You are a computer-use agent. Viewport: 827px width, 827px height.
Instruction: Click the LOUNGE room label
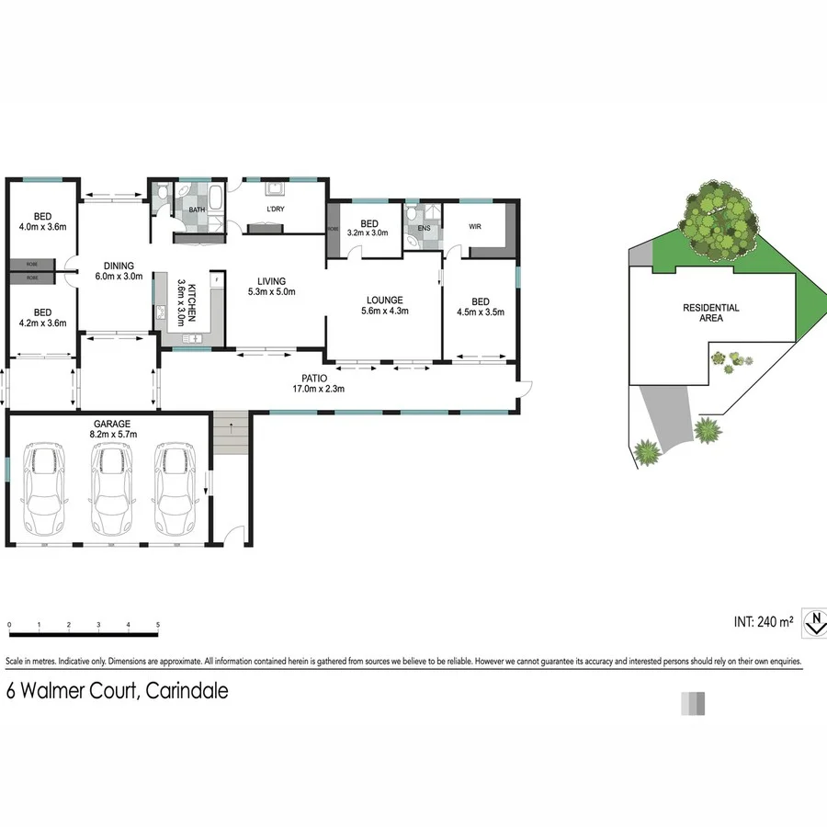(x=385, y=300)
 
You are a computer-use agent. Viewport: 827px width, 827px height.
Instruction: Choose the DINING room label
(x=119, y=266)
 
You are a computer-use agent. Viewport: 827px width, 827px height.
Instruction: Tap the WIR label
(x=475, y=225)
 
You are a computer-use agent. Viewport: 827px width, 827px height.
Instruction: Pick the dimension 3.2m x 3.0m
(x=369, y=233)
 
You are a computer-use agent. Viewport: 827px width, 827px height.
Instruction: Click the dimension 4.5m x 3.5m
(x=480, y=312)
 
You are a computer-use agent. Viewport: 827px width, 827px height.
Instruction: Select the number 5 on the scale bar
(x=158, y=625)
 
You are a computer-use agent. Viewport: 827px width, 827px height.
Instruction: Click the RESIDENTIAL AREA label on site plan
(x=710, y=312)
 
